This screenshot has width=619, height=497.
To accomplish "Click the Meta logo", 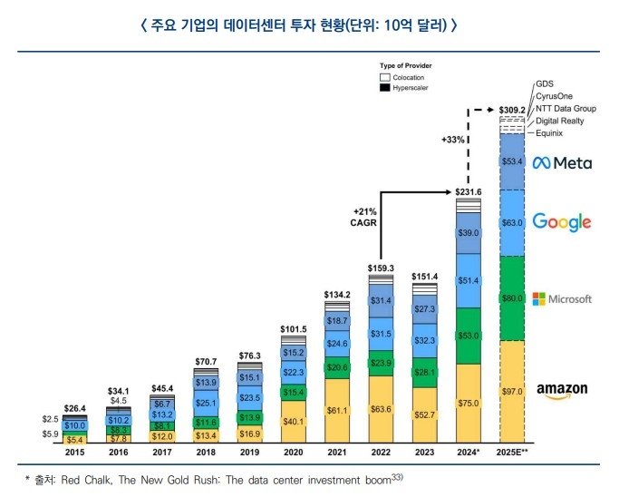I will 561,163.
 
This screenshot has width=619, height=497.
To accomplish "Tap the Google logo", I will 561,222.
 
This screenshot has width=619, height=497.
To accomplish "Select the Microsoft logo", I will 561,298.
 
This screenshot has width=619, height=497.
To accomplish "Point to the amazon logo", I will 561,390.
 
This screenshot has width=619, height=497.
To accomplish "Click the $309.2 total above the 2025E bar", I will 512,110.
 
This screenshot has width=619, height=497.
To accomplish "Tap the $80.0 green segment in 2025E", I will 512,298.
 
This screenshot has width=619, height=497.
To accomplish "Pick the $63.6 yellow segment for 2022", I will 381,409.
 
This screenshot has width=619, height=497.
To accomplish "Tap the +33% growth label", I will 453,141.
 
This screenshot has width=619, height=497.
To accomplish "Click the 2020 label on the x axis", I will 294,451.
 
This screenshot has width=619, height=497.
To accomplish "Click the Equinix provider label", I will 549,133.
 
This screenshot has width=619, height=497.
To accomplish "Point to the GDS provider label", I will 546,83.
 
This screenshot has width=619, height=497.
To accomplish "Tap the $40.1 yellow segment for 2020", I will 294,421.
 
